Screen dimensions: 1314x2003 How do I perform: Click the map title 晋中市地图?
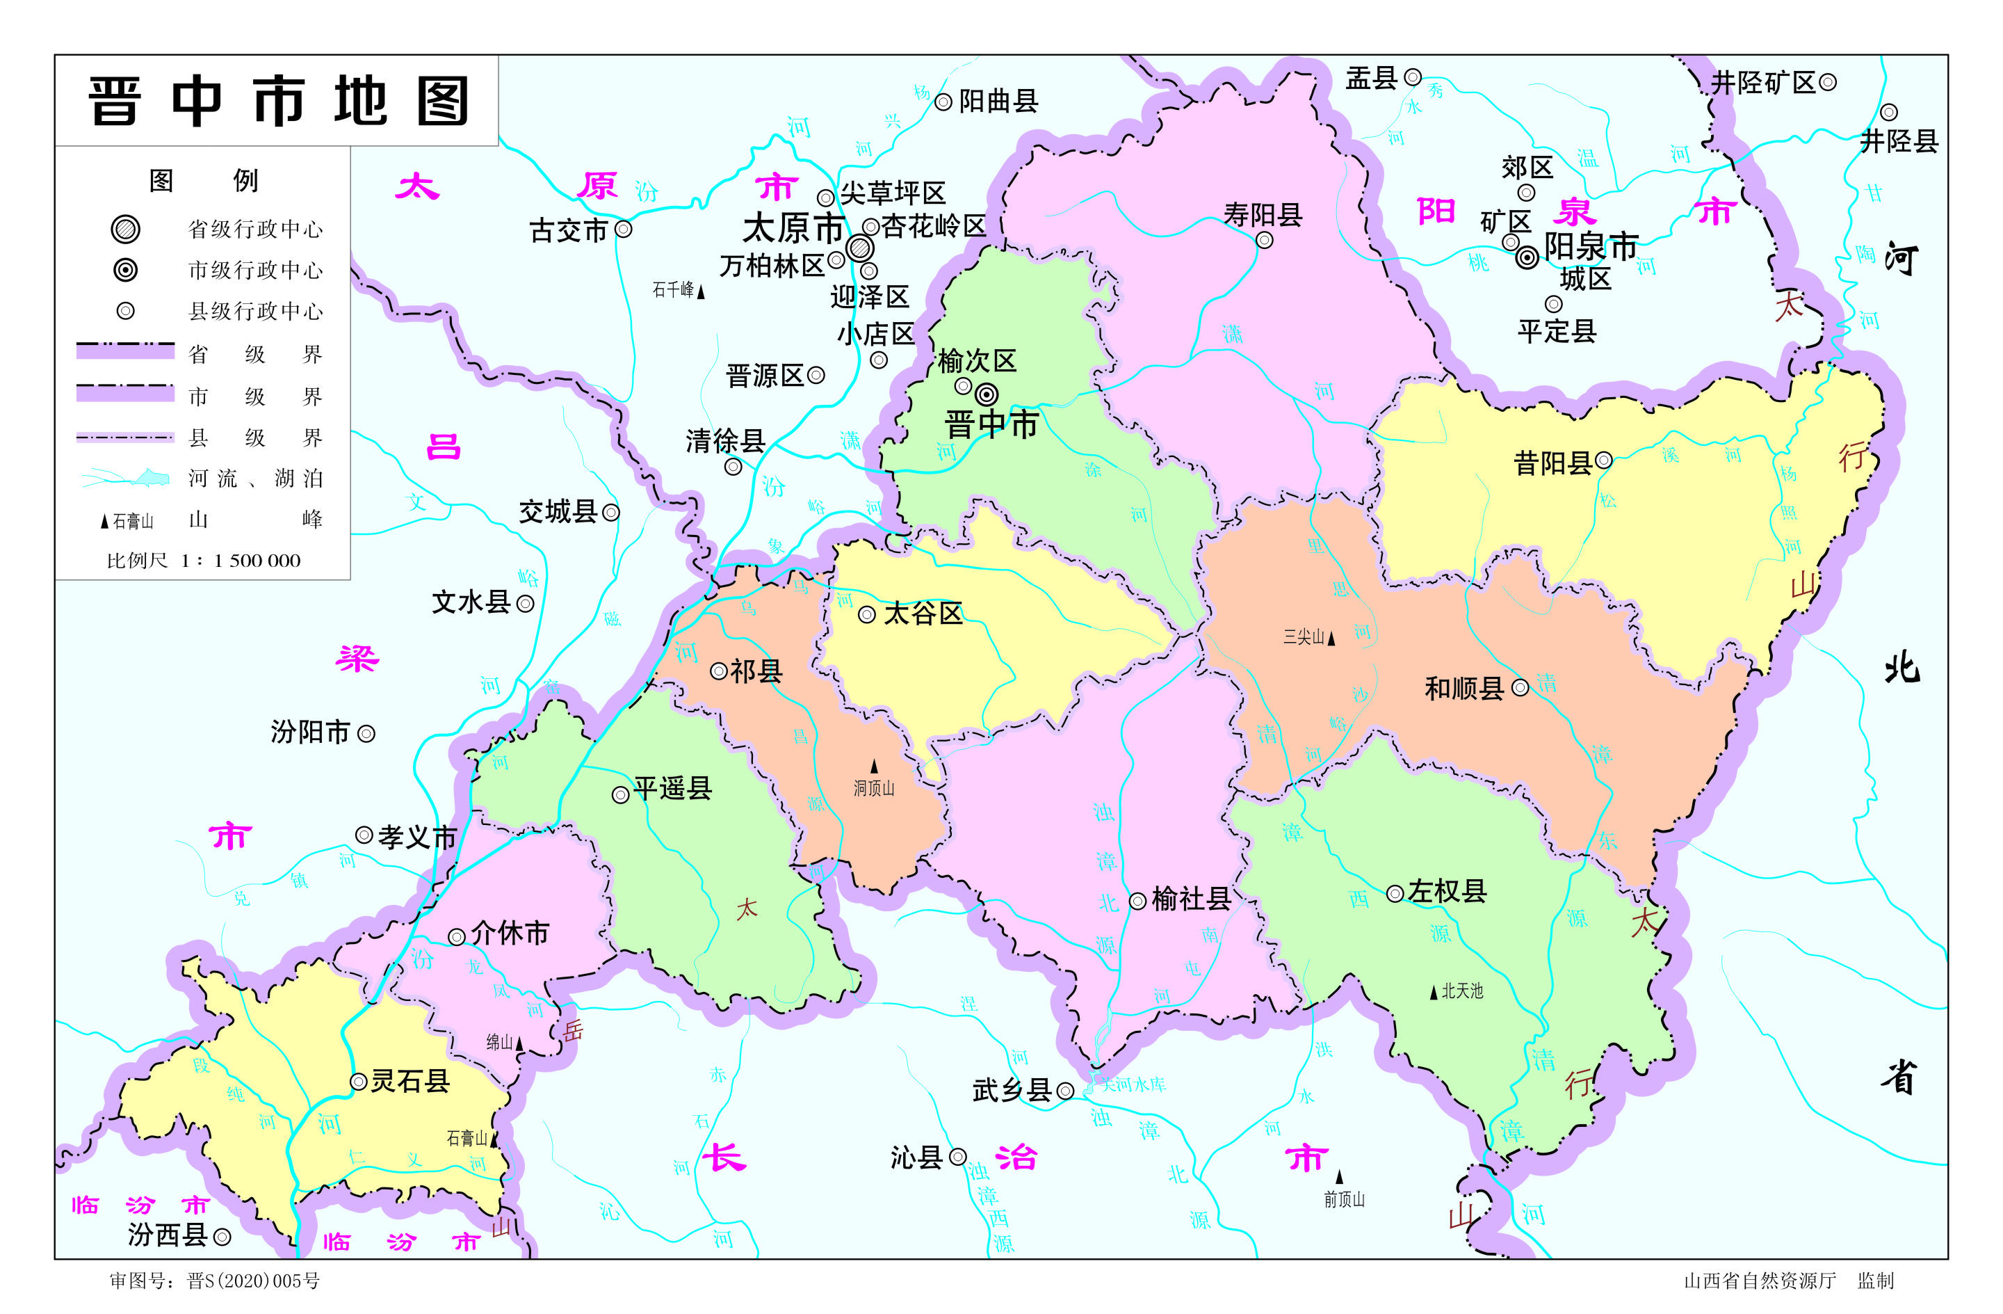point(277,101)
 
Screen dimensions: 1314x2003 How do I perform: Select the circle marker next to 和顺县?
point(1520,688)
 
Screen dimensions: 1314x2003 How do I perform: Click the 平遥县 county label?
point(672,789)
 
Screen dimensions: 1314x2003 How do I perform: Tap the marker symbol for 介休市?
point(456,937)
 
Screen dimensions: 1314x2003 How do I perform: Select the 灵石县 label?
point(410,1081)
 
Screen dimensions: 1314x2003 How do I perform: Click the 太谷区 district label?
point(923,614)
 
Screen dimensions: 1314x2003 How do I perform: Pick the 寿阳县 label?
point(1263,215)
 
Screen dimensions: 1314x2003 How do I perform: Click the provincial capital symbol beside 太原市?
point(859,248)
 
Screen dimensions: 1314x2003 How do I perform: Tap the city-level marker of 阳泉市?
point(1527,257)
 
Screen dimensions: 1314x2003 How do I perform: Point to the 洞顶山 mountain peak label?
point(874,789)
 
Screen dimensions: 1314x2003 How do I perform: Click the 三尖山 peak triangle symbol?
point(1331,639)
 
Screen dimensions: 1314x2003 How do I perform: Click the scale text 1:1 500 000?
point(240,561)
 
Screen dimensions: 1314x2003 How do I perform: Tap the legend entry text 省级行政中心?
point(255,229)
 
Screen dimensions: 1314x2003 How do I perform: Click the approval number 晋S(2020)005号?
point(252,1281)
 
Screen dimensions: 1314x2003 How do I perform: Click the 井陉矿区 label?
point(1763,83)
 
